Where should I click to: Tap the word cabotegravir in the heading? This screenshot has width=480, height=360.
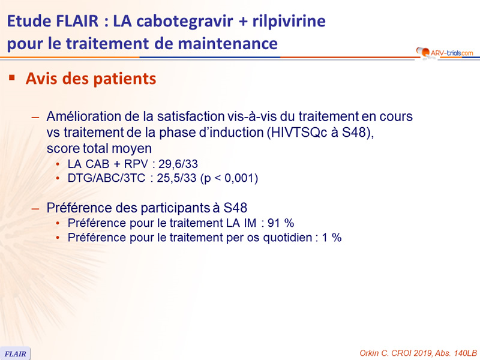185,22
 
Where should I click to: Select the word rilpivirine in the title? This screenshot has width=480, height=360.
289,22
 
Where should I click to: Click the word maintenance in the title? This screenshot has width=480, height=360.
228,43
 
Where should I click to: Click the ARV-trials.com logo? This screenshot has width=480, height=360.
445,53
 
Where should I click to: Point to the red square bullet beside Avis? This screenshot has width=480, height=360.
12,78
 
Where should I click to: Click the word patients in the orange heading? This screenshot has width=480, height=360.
125,79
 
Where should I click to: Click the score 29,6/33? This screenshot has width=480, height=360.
178,164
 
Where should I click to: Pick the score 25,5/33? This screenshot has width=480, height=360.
176,178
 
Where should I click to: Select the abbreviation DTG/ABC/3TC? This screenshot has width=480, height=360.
106,178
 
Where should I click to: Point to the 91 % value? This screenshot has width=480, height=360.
281,223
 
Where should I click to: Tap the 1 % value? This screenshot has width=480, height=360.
332,238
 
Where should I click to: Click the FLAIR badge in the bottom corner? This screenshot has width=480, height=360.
16,353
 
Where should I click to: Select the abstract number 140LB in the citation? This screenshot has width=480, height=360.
466,353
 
